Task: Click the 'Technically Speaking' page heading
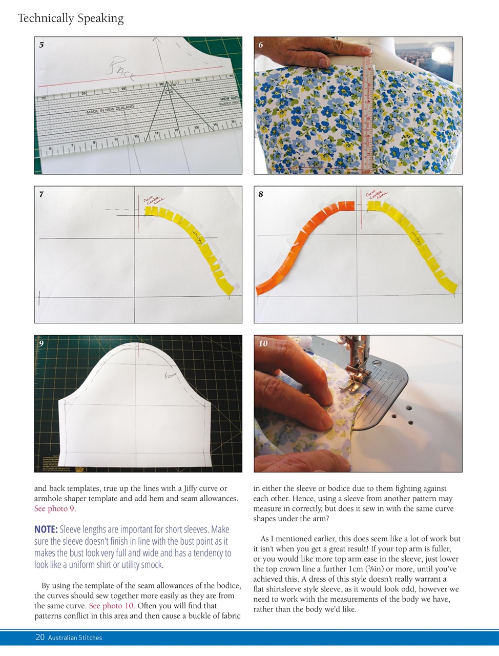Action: pyautogui.click(x=70, y=18)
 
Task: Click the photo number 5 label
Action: pyautogui.click(x=41, y=45)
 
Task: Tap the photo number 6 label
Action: pyautogui.click(x=261, y=45)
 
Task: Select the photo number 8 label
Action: pyautogui.click(x=261, y=194)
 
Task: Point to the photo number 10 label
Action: pyautogui.click(x=263, y=343)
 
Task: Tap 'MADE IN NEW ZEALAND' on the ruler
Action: pyautogui.click(x=110, y=109)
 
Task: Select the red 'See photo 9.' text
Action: pyautogui.click(x=55, y=509)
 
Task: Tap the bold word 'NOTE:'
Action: pyautogui.click(x=46, y=529)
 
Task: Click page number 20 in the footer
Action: pyautogui.click(x=40, y=638)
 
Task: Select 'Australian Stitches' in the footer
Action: pyautogui.click(x=75, y=638)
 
